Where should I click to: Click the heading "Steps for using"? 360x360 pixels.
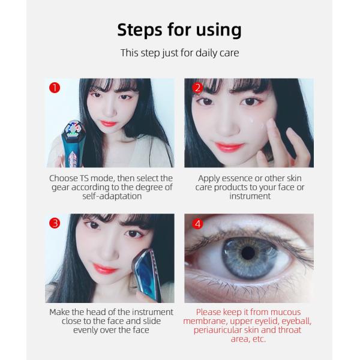coord(179,29)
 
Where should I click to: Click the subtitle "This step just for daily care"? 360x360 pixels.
coord(179,53)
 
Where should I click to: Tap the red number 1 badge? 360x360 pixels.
coord(55,88)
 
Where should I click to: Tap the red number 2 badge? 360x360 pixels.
coord(197,88)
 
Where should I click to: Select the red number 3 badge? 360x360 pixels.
coord(55,223)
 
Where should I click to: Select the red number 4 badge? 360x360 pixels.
coord(197,224)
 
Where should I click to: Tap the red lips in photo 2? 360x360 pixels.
coord(229,146)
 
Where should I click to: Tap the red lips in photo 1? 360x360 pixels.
coord(109,124)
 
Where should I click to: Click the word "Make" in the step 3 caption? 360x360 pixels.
coord(60,312)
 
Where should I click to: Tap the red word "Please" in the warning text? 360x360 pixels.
coord(209,312)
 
